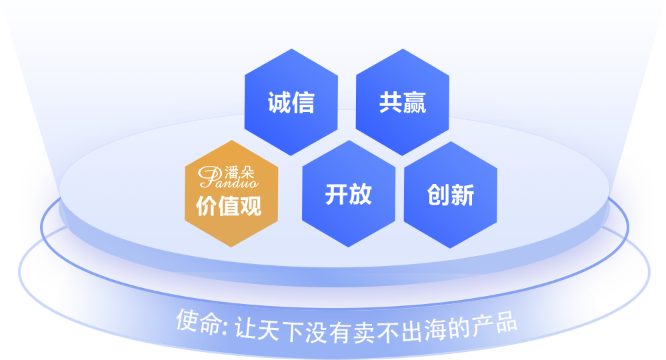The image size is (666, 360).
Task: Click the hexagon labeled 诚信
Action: (291, 102)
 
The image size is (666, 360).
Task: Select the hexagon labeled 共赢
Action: (402, 102)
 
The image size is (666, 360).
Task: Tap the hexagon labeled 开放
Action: (349, 193)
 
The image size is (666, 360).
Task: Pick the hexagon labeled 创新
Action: (450, 195)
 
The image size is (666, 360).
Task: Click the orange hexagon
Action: (231, 193)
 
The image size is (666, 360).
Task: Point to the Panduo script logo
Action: (228, 177)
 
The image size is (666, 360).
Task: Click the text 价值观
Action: (229, 206)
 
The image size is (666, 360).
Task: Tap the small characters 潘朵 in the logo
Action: (239, 172)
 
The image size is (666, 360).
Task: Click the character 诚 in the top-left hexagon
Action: (279, 102)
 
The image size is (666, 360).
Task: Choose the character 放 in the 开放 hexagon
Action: (361, 194)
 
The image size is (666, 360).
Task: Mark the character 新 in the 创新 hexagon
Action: (463, 195)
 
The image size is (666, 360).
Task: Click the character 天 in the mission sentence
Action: (268, 330)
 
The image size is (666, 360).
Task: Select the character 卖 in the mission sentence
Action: (364, 333)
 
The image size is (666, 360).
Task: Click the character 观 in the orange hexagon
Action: (251, 206)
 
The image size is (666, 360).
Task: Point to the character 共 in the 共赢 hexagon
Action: (391, 102)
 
